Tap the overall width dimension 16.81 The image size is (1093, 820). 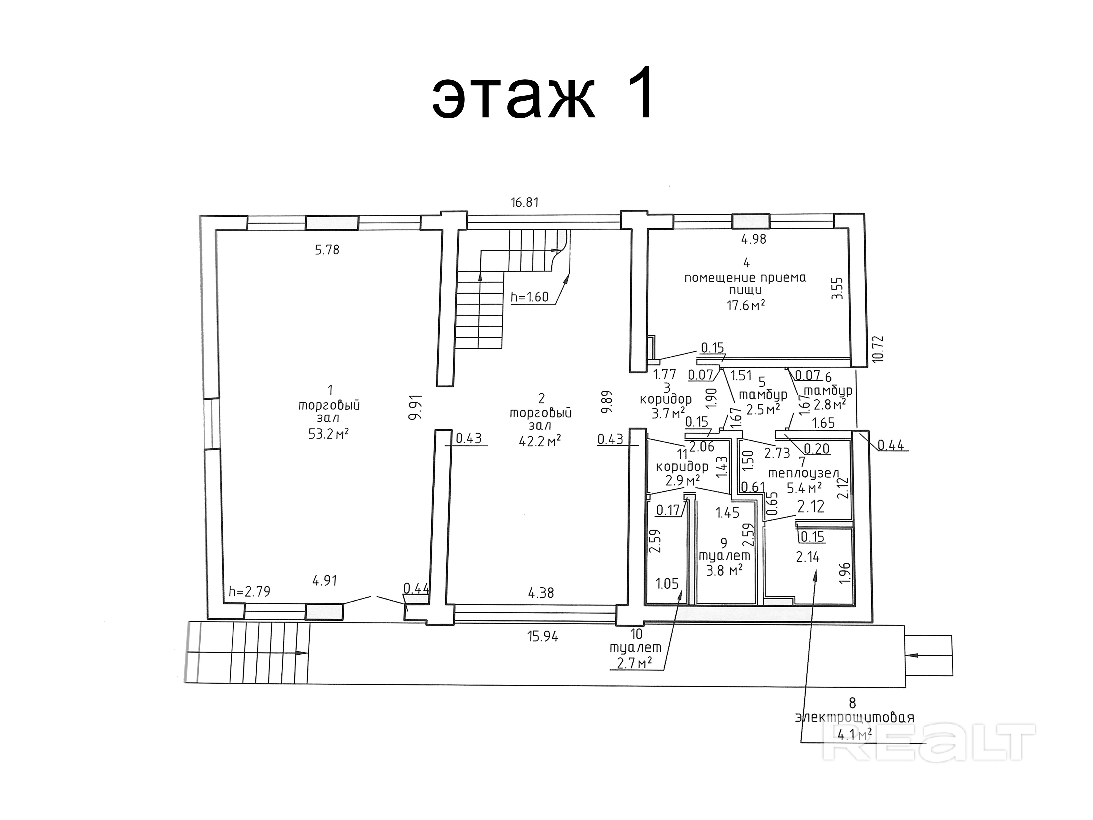pos(524,202)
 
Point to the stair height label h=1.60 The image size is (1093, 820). pos(530,297)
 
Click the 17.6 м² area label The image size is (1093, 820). pos(746,305)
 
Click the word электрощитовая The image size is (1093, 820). pos(854,717)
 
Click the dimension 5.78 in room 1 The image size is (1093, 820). pos(327,250)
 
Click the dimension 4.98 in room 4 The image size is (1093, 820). pos(754,239)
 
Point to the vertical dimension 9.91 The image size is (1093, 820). pos(415,407)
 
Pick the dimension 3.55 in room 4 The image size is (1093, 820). pos(837,288)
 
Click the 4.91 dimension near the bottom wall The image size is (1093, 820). pos(325,580)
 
